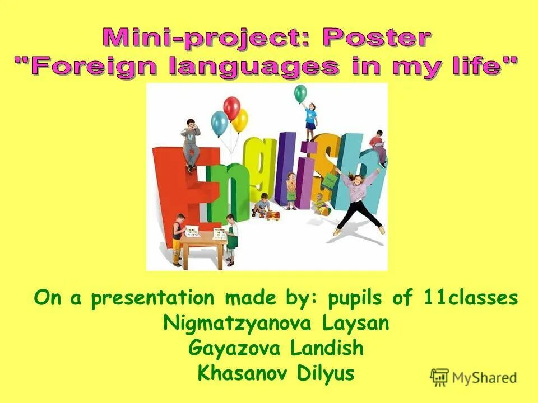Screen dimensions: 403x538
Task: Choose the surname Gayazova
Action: click(235, 348)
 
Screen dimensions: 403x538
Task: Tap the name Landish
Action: click(327, 348)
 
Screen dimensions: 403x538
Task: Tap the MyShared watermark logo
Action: click(474, 377)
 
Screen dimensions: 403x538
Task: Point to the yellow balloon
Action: click(241, 120)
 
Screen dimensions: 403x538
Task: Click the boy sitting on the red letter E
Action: click(191, 143)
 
